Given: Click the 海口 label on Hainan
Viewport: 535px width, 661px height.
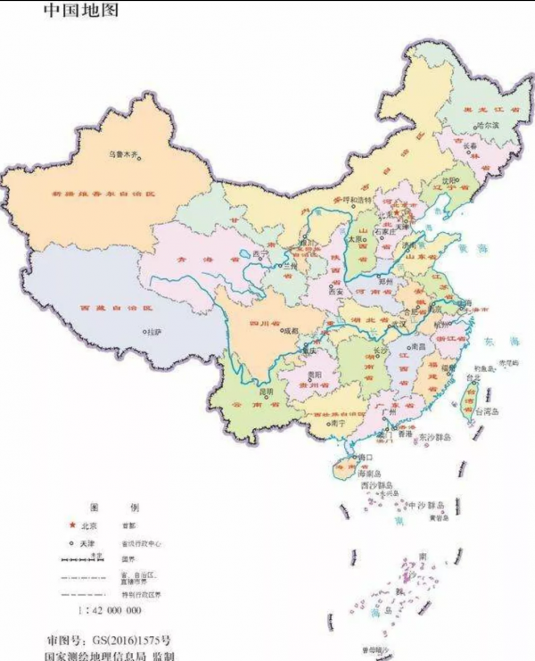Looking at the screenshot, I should [364, 457].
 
